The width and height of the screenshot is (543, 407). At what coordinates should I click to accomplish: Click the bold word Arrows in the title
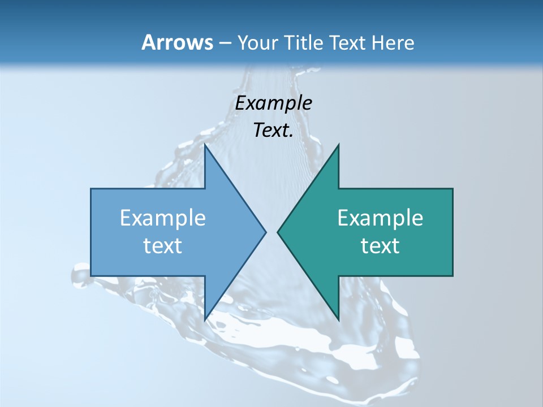point(177,42)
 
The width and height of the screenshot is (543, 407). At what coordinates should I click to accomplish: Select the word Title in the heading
point(304,42)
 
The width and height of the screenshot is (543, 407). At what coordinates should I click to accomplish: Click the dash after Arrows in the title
point(225,43)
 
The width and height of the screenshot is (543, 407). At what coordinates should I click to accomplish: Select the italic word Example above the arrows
point(273,103)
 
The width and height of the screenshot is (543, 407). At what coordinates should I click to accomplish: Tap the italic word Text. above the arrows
point(273,131)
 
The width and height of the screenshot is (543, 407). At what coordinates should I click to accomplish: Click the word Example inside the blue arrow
point(163,218)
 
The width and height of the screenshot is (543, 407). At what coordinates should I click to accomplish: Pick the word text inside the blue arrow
point(163,246)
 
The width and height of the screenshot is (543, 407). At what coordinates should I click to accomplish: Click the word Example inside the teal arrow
point(380,218)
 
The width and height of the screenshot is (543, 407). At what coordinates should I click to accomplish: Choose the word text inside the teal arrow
point(380,246)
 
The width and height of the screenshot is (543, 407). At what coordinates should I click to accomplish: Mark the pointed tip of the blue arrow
point(266,232)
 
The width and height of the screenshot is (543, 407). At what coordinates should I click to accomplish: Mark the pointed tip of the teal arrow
point(278,232)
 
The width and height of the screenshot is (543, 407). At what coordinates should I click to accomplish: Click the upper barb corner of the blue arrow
point(205,145)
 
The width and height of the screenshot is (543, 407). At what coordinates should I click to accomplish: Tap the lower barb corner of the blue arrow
point(205,320)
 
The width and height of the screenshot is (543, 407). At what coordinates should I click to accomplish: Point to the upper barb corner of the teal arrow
point(338,145)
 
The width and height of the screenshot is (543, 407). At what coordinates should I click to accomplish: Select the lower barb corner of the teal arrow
point(338,320)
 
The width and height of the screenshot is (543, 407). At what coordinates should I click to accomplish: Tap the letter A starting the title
point(148,42)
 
